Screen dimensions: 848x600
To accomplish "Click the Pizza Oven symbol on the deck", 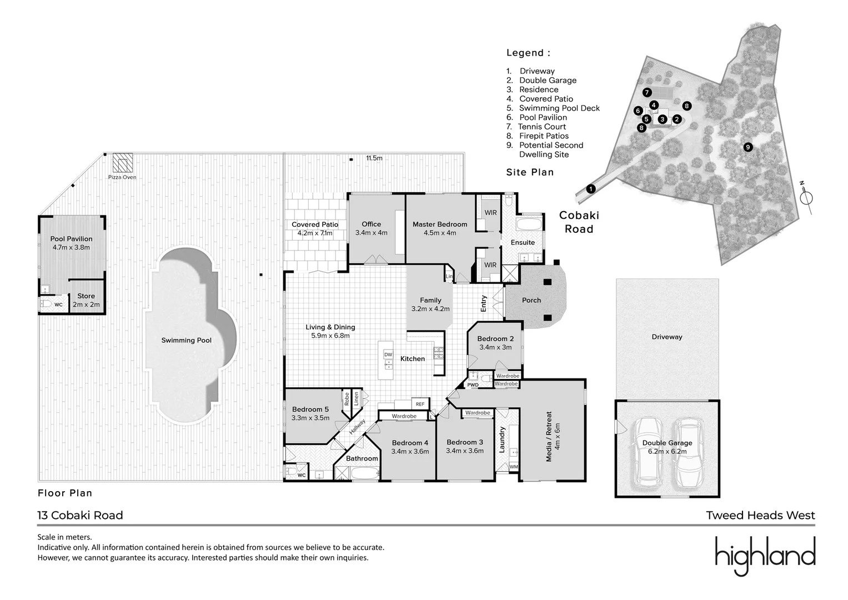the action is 123,163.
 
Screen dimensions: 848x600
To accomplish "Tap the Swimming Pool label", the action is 186,341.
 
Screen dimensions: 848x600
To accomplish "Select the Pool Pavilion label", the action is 71,239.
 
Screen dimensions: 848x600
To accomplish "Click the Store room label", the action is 86,296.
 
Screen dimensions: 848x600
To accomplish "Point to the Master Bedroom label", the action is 440,224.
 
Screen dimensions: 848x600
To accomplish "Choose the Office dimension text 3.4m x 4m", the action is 372,233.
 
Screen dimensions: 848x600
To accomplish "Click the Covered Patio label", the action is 315,224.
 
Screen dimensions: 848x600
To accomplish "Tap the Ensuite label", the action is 523,242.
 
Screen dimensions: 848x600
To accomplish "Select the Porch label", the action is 531,300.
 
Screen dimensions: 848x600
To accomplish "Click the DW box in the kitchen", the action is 388,354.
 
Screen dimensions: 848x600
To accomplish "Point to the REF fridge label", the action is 420,404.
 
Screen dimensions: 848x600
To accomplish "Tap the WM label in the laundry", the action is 514,467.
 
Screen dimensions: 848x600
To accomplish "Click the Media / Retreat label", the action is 549,437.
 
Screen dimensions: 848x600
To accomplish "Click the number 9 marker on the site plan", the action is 748,147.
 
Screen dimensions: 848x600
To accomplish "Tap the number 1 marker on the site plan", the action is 591,189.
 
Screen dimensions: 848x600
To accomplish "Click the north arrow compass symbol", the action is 807,198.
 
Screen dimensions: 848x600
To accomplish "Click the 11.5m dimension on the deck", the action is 374,158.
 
